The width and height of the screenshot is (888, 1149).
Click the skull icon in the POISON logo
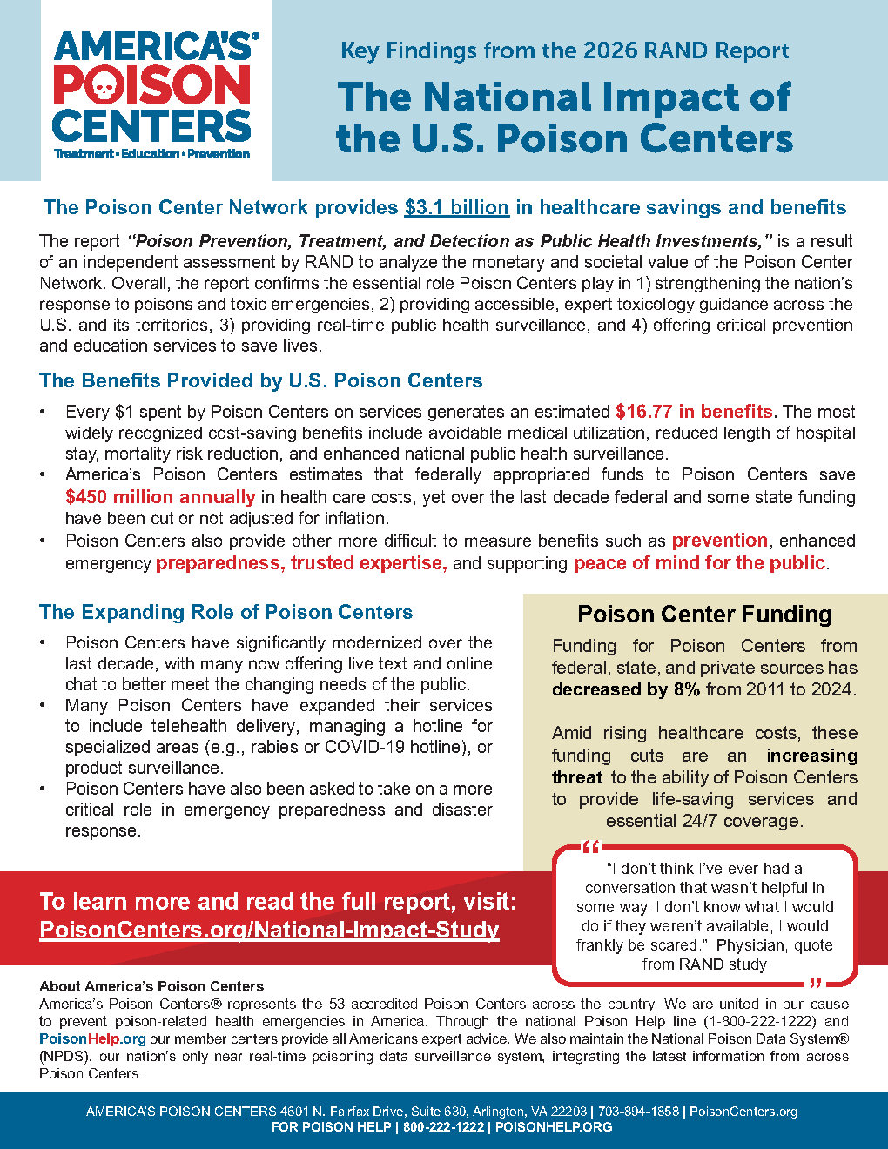pyautogui.click(x=103, y=86)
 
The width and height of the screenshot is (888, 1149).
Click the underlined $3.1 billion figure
pyautogui.click(x=456, y=207)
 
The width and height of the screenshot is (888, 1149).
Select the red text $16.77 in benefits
pyautogui.click(x=694, y=411)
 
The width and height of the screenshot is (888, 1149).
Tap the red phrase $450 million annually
pyautogui.click(x=160, y=497)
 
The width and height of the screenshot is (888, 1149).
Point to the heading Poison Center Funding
pyautogui.click(x=704, y=615)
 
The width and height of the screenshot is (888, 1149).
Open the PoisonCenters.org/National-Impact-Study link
pyautogui.click(x=270, y=930)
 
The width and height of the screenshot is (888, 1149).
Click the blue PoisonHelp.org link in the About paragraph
pyautogui.click(x=92, y=1038)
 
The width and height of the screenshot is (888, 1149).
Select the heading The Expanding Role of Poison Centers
pyautogui.click(x=225, y=612)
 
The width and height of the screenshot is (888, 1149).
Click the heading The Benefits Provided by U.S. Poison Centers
pyautogui.click(x=260, y=380)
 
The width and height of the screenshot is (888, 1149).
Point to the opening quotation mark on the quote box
pyautogui.click(x=591, y=847)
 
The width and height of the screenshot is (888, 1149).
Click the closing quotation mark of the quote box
pyautogui.click(x=816, y=984)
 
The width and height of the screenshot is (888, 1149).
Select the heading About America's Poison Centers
pyautogui.click(x=151, y=986)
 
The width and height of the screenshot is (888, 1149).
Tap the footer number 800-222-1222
pyautogui.click(x=443, y=1127)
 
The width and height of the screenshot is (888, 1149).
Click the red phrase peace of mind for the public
pyautogui.click(x=698, y=563)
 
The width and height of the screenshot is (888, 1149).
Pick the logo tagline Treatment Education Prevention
pyautogui.click(x=151, y=154)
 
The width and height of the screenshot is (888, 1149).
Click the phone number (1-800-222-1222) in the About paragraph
pyautogui.click(x=758, y=1021)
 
